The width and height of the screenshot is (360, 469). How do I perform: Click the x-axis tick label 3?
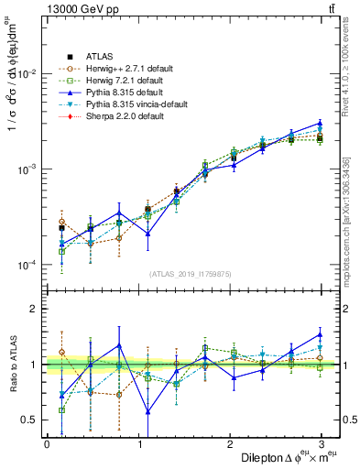click(320, 443)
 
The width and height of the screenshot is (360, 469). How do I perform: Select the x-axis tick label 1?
click(137, 443)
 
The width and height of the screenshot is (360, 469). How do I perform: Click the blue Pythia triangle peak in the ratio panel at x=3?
click(320, 333)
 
